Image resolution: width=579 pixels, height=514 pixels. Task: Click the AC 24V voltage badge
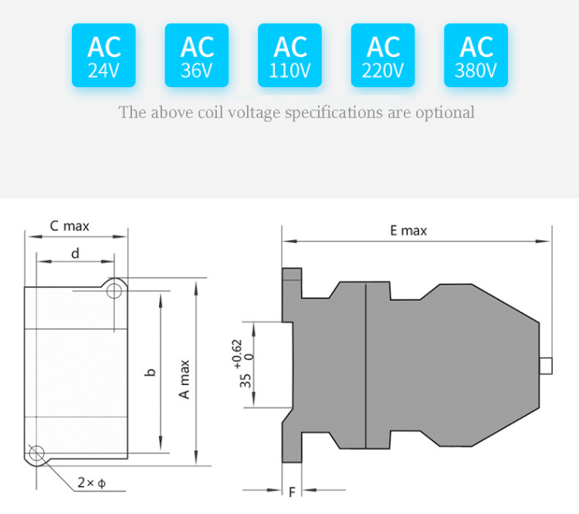(103, 56)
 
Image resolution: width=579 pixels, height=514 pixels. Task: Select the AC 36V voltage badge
(197, 56)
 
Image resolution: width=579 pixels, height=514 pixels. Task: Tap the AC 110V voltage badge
(290, 56)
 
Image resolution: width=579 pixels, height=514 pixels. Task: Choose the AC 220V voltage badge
(383, 56)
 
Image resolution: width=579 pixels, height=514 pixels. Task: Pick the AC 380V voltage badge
(476, 56)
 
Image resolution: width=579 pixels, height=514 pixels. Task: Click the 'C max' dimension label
(69, 226)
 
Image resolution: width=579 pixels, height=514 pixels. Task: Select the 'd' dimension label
(75, 253)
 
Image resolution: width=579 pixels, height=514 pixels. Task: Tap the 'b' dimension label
(151, 372)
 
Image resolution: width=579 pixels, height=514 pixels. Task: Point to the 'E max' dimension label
(408, 230)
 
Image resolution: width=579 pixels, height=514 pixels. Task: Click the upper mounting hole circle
(115, 290)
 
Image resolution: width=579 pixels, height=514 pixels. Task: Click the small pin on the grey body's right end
(547, 366)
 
